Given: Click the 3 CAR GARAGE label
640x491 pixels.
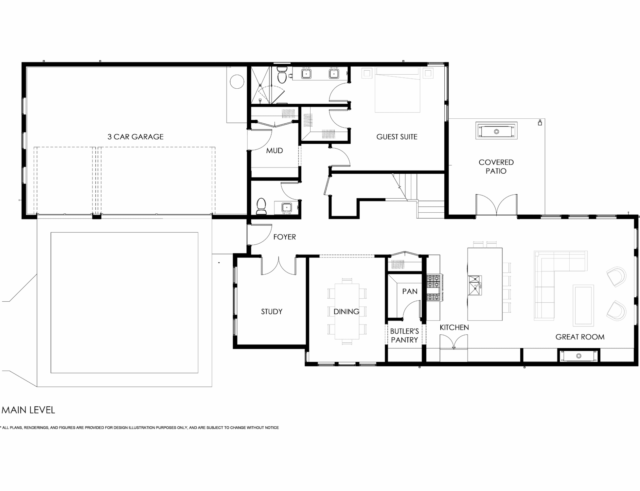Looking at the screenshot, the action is (x=135, y=137).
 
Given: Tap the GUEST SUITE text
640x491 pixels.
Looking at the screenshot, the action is (x=397, y=137).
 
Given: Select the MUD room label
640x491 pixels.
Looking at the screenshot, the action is (x=274, y=151).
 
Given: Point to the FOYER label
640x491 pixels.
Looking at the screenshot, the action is (x=284, y=237).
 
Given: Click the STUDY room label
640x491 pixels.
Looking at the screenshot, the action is (x=272, y=311).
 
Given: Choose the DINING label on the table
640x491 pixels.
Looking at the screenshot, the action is (x=346, y=311).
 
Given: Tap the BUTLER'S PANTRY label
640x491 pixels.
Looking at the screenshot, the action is (x=404, y=335).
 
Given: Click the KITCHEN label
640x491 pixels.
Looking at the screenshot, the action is (x=454, y=327).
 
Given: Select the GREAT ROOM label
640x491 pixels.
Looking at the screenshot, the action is (x=580, y=337).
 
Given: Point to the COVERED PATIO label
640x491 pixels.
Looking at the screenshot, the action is (x=496, y=166).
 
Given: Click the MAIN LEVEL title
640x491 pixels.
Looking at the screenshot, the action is (x=28, y=410).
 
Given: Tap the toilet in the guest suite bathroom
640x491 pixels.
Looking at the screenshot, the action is (x=282, y=75).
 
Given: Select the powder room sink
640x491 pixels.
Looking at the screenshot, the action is (x=286, y=207).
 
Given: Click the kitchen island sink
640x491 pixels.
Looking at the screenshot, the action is (x=474, y=285).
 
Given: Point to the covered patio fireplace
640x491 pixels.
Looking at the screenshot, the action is (x=496, y=131).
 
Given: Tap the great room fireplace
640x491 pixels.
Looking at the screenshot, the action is (x=578, y=356).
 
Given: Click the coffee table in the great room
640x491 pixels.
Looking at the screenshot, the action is (x=583, y=305).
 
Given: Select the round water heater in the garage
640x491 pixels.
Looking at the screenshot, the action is (x=237, y=82).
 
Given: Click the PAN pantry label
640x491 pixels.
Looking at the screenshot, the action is (x=410, y=291).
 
